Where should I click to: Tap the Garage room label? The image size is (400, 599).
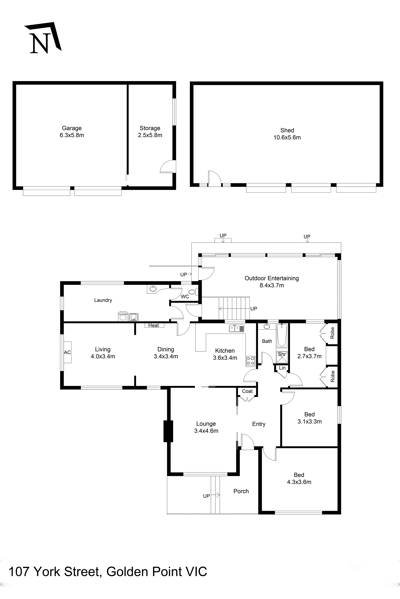click(x=72, y=128)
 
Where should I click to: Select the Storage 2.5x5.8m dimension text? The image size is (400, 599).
click(x=150, y=135)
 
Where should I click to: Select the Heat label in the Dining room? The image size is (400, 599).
click(x=154, y=325)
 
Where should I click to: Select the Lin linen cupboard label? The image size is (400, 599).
click(x=282, y=368)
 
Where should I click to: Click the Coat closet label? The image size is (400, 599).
click(x=247, y=391)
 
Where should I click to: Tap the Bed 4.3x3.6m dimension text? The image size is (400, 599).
click(x=299, y=482)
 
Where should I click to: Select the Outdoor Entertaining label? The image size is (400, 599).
click(x=272, y=278)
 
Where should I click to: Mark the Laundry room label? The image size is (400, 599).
click(x=103, y=300)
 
